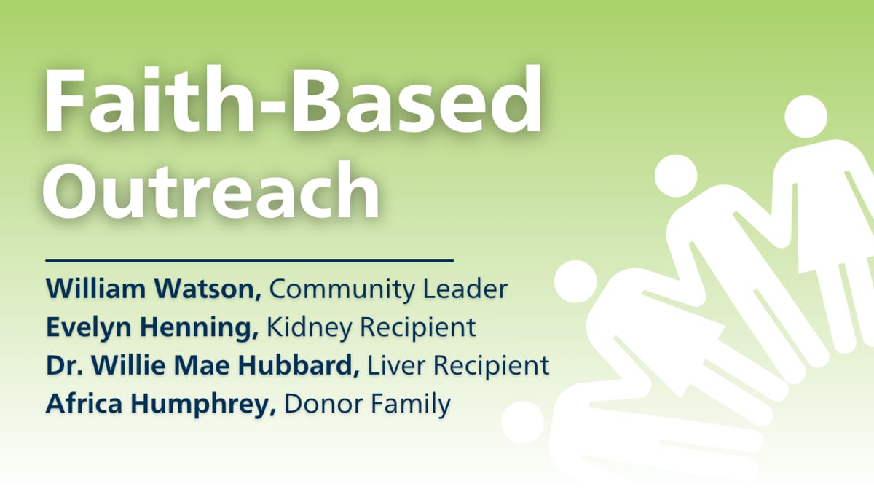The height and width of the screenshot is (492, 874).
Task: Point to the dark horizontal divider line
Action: click(x=249, y=259)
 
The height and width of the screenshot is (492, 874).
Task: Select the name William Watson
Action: click(x=154, y=289)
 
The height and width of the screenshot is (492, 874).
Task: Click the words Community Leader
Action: click(x=387, y=289)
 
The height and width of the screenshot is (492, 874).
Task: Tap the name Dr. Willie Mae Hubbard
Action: click(x=202, y=366)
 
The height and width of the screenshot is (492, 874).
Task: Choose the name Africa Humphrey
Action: click(x=160, y=404)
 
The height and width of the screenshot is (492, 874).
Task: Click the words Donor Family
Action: click(x=367, y=404)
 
